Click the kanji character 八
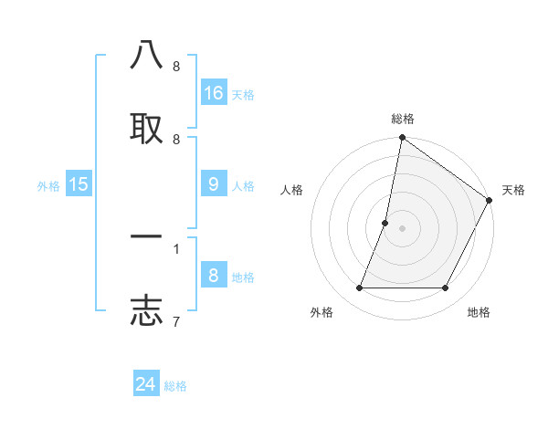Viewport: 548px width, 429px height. (146, 57)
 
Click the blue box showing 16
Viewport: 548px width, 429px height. (214, 93)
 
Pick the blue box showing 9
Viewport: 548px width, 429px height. (214, 184)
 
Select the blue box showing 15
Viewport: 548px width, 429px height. (79, 184)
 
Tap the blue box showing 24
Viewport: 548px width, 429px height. (146, 384)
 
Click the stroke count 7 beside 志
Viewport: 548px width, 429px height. (175, 320)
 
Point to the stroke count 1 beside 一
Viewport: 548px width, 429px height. (175, 247)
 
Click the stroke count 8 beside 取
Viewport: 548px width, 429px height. (175, 139)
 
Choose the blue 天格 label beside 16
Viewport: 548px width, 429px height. (242, 95)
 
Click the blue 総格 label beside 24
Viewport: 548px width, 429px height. (175, 386)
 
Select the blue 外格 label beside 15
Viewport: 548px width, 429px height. (48, 186)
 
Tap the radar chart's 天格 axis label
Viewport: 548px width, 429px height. (513, 190)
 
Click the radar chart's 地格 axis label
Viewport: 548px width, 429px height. (479, 312)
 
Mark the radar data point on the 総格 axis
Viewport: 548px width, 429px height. (402, 139)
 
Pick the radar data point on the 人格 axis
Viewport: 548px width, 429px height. (385, 223)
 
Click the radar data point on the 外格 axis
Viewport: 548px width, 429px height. (359, 288)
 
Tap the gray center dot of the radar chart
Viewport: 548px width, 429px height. (402, 228)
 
